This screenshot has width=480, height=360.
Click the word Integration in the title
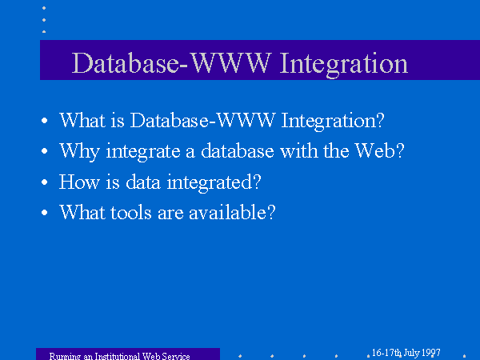[x=344, y=64]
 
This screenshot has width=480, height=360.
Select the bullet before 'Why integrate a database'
[x=44, y=151]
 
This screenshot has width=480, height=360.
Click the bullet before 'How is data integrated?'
[x=44, y=182]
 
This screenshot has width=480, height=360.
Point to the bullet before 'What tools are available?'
[x=44, y=213]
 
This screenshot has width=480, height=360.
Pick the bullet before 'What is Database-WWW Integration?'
[x=44, y=120]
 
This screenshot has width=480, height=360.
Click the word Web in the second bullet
[x=379, y=150]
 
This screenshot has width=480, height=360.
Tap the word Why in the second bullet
[x=79, y=152]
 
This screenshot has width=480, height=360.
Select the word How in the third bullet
[x=79, y=182]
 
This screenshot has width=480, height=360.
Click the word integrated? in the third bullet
[x=214, y=183]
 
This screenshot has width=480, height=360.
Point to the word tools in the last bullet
[x=131, y=212]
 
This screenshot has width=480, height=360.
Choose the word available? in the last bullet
[x=232, y=211]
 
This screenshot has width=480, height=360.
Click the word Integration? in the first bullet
[x=333, y=122]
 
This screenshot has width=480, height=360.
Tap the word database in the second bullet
[x=238, y=150]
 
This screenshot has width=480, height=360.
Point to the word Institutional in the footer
[x=118, y=356]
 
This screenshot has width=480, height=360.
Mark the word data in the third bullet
[x=143, y=182]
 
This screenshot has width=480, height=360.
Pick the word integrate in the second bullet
[x=143, y=152]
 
